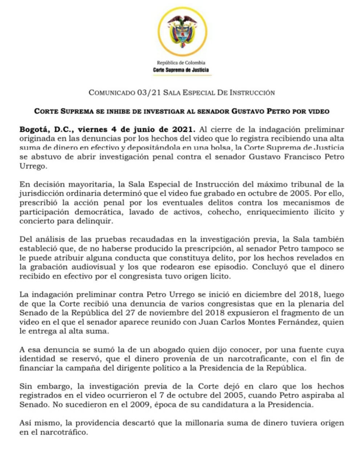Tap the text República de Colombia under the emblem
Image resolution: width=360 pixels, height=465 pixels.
(181, 63)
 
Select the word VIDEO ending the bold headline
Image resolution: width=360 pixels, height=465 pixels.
(319, 111)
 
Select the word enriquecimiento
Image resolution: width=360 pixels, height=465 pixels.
(279, 212)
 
